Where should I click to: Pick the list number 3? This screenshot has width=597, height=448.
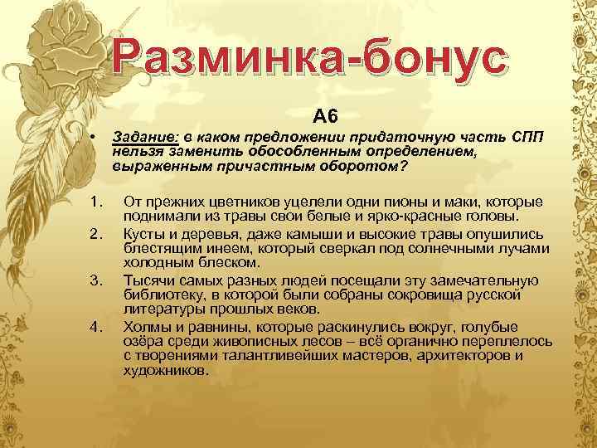pyautogui.click(x=96, y=278)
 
